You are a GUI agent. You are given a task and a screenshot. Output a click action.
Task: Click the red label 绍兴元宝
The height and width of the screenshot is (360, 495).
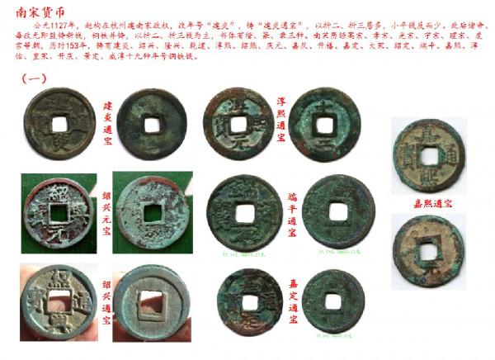[x=106, y=211]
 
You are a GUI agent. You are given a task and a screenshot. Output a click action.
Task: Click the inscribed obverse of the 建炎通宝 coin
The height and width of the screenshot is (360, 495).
[x=59, y=122]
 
